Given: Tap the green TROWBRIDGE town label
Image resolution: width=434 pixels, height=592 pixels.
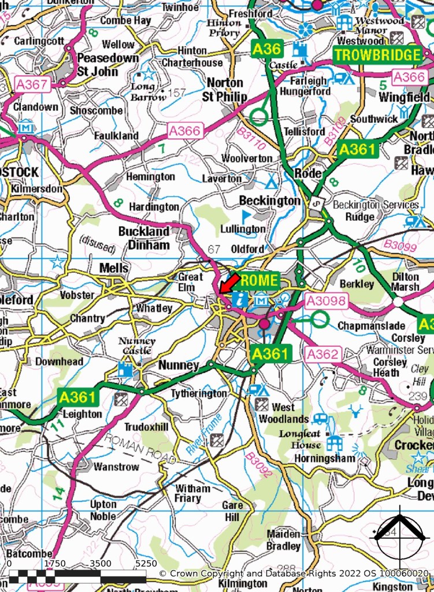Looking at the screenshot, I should coord(377,55).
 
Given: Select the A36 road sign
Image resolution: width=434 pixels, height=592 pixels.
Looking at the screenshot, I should coord(267,49).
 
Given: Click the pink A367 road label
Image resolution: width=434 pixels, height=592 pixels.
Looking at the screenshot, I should coord(32,84).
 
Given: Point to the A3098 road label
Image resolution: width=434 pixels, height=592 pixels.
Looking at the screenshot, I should coord(325,301).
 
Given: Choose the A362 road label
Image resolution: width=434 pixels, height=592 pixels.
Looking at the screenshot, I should coord(324,354).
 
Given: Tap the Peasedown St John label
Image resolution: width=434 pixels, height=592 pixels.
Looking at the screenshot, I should coord(107,65).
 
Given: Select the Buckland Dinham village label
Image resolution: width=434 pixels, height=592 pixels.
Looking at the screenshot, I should coord(144,238).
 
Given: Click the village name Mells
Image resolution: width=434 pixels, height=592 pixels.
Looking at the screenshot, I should coord(114,268).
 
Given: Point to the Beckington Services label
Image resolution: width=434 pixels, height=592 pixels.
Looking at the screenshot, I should coord(376,205).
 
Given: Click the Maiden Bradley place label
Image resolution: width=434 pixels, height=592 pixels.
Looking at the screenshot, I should coord(284,540).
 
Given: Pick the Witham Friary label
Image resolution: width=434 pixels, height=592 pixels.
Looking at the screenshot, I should coord(192,493).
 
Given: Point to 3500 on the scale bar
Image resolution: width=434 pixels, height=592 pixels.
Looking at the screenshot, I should coord(100,563).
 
